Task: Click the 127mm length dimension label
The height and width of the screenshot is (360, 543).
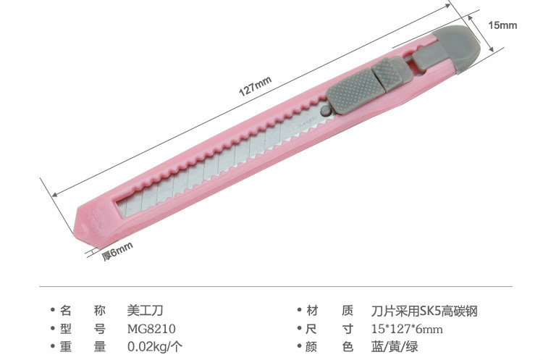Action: [x=256, y=86]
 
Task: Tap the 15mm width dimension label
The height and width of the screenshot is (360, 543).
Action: [x=502, y=25]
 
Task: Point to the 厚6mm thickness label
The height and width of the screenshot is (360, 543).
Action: [x=117, y=251]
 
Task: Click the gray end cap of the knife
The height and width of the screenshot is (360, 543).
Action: [x=456, y=48]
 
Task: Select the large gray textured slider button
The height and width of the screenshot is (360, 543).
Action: [x=355, y=91]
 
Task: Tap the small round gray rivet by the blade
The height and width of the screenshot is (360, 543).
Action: [x=326, y=111]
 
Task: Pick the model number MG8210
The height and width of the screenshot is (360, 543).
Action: [x=151, y=329]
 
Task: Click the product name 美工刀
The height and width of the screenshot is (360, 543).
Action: [x=145, y=311]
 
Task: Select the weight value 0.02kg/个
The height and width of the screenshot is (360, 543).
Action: [x=155, y=346]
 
